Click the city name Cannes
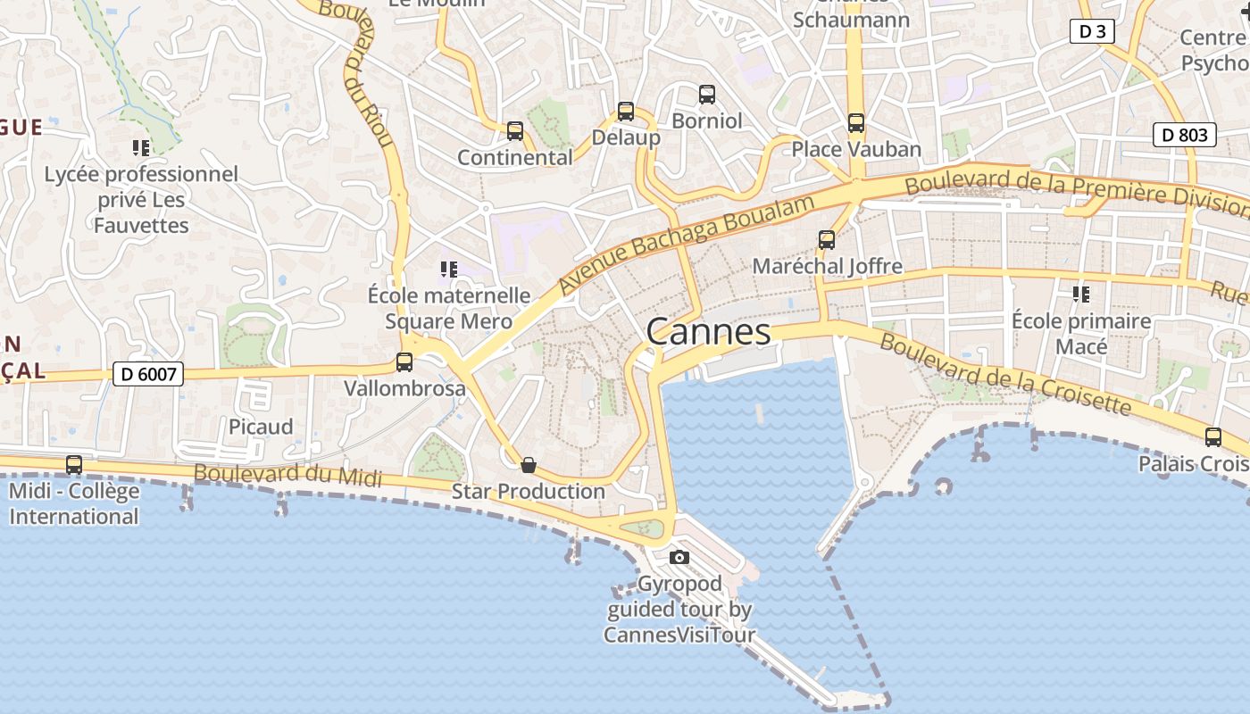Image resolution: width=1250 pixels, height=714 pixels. pos(708,332)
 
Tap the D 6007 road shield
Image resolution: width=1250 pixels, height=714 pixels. pos(148,374)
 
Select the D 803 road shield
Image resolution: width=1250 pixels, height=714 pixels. pos(1185,135)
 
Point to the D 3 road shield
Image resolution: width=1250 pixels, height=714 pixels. pos(1092,32)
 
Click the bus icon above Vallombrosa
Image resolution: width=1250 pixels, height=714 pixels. pos(404,362)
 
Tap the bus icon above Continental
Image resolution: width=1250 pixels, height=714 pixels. pos(515,131)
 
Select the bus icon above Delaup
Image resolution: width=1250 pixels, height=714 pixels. pos(626,112)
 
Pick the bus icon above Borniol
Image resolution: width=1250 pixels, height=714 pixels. pos(707,94)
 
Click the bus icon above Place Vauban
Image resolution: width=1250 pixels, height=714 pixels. pos(856,123)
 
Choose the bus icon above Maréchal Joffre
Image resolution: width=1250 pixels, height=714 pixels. pos(827,240)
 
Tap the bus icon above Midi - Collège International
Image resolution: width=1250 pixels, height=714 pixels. pos(74,465)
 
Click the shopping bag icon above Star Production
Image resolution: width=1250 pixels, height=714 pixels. pos(529,464)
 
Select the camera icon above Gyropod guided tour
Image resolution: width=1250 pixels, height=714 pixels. pos(679,558)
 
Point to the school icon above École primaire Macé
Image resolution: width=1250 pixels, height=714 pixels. pos(1081,294)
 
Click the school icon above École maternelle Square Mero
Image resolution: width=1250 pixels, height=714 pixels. pos(449,269)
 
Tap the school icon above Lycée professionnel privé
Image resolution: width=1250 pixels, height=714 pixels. pos(141,147)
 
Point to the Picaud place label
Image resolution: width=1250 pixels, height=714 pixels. pos(261,427)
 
